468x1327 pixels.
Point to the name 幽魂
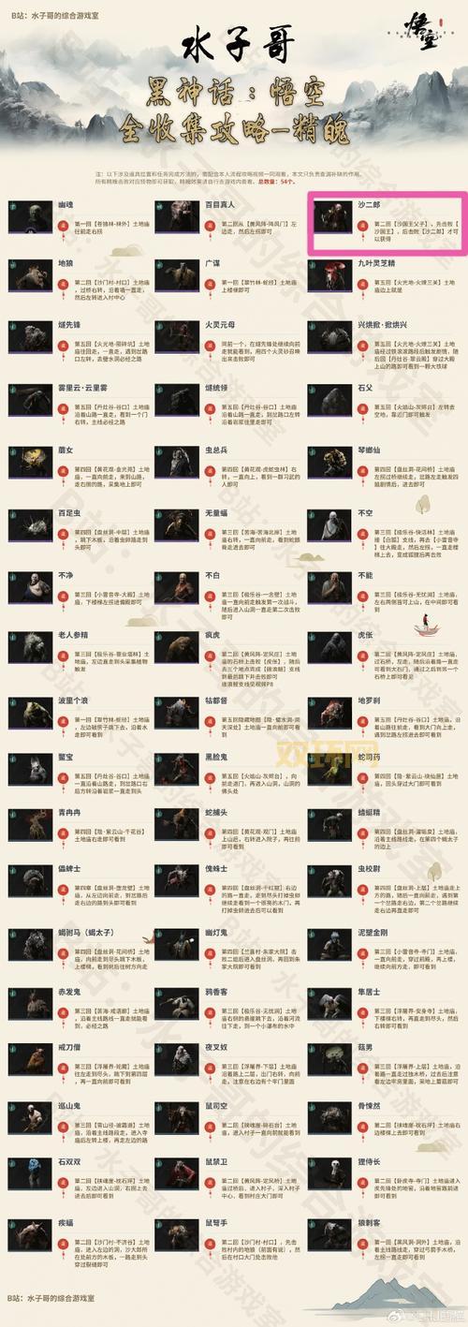66,203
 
